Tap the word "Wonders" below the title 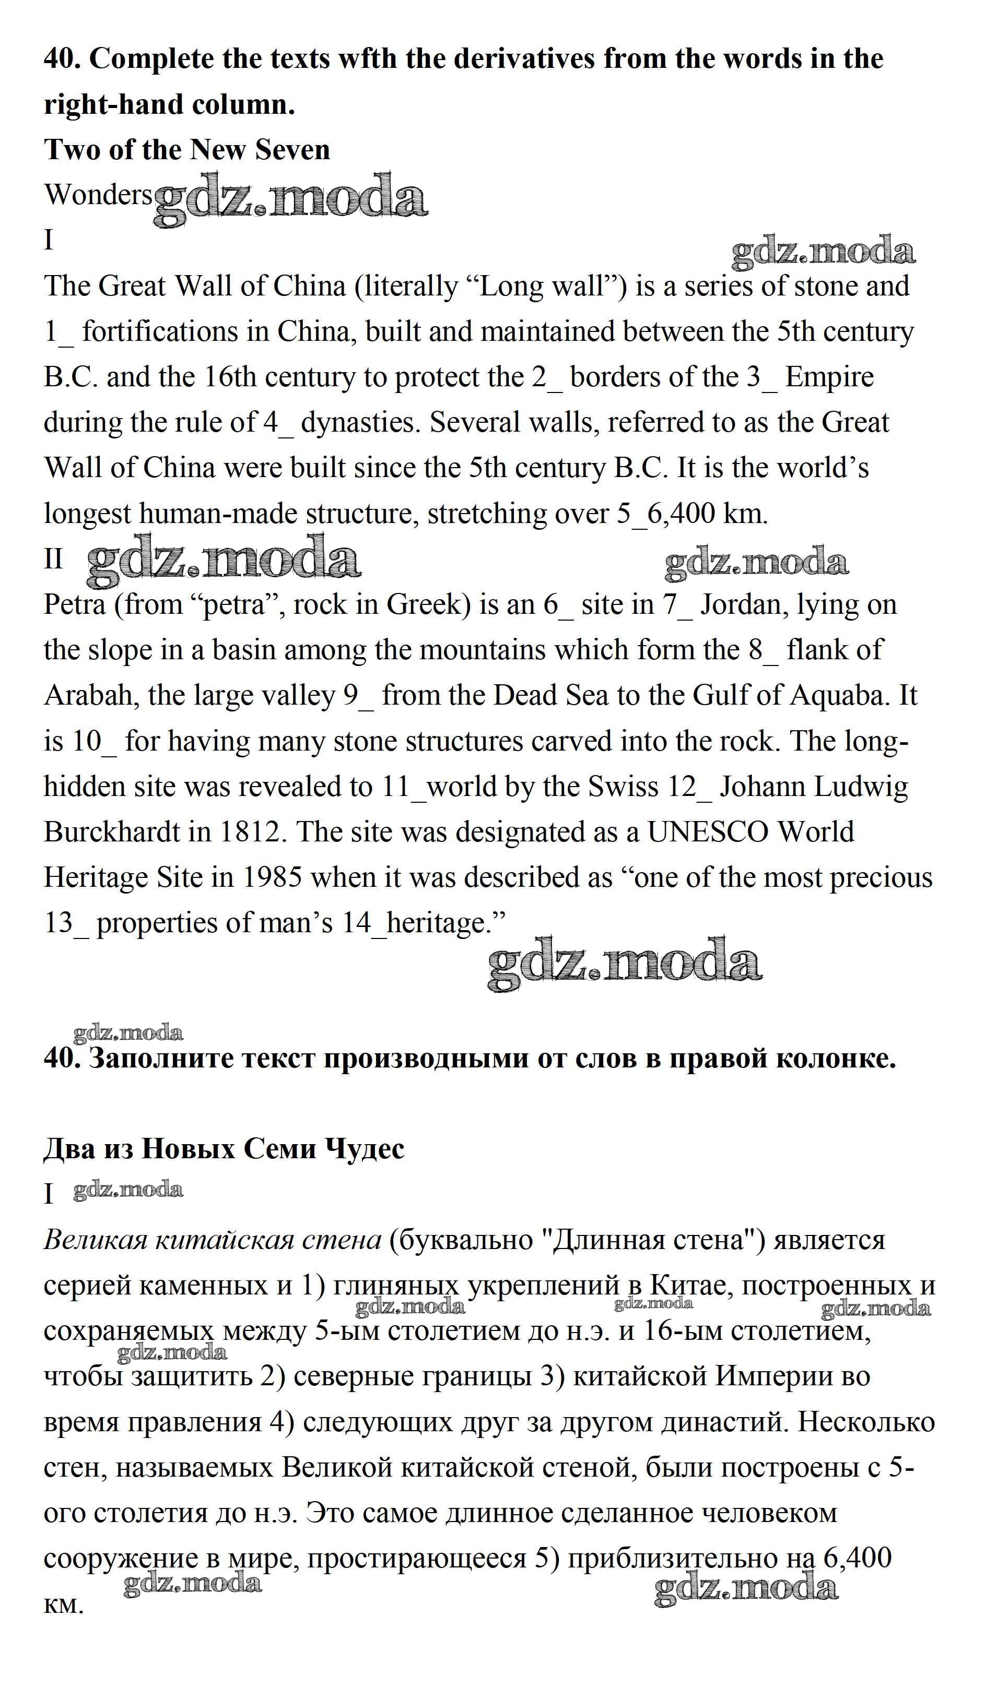[98, 195]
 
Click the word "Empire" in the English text [830, 378]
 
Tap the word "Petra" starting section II [74, 605]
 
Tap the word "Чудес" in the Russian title [365, 1149]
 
